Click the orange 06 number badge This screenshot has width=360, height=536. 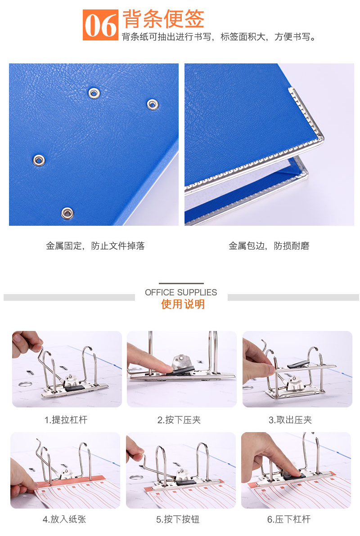100,25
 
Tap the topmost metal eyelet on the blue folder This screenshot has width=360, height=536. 94,93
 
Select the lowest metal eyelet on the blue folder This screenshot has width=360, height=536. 67,213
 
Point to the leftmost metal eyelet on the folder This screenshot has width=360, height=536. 39,160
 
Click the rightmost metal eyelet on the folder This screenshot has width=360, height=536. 153,104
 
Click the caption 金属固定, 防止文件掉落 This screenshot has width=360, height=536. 95,246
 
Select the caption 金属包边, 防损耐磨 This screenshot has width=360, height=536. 269,246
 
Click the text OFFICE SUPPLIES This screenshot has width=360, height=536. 181,293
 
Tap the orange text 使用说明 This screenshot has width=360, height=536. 183,304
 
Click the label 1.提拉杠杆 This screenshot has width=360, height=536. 66,420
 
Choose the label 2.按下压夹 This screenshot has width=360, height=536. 179,420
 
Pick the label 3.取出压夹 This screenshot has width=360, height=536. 290,420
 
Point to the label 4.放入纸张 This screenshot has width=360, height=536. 64,519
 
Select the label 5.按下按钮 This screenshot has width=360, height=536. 178,519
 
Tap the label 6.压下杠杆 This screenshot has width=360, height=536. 289,519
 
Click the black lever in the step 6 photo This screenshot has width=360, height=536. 293,474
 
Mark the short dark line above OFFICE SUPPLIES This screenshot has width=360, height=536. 181,283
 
